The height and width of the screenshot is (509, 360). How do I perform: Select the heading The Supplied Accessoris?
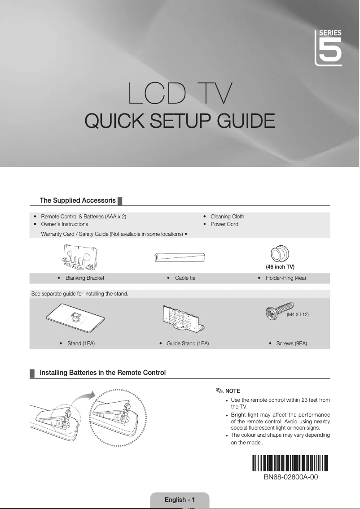click(x=78, y=200)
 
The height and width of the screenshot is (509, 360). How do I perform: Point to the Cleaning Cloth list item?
click(x=227, y=217)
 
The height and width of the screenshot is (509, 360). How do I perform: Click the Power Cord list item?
click(x=224, y=224)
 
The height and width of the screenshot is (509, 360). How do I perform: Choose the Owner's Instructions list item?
click(x=65, y=224)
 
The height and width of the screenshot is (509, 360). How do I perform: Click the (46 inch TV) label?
click(x=280, y=267)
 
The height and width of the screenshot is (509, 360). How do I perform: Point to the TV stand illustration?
click(x=75, y=318)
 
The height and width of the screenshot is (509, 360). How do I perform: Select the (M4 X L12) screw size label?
click(x=298, y=315)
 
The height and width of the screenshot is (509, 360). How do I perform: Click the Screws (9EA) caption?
click(x=291, y=344)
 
